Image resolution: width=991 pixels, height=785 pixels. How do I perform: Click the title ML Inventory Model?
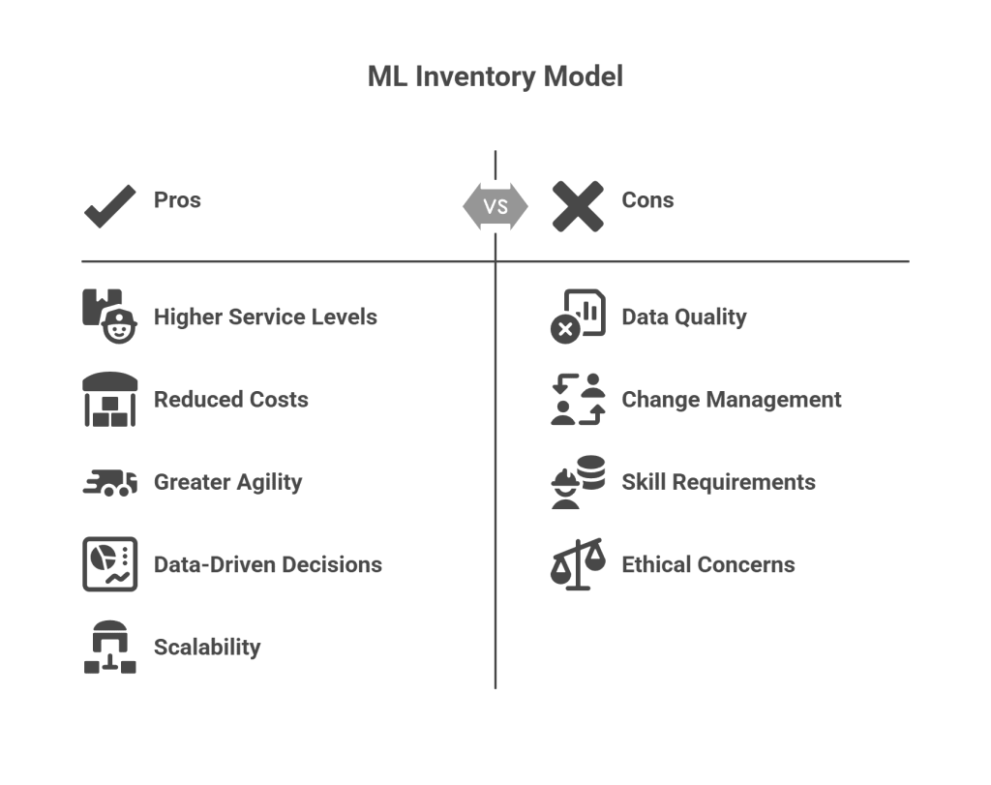pyautogui.click(x=495, y=76)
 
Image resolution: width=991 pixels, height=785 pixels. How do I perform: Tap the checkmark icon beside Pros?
pyautogui.click(x=109, y=205)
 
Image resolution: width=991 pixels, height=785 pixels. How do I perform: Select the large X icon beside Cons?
pyautogui.click(x=578, y=206)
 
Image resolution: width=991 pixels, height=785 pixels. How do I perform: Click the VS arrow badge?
pyautogui.click(x=495, y=206)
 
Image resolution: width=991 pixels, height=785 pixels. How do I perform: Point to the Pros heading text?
pyautogui.click(x=177, y=200)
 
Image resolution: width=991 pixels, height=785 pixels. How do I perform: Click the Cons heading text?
pyautogui.click(x=647, y=200)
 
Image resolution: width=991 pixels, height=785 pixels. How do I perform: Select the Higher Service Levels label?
pyautogui.click(x=265, y=317)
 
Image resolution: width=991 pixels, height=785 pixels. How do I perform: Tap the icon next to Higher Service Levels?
pyautogui.click(x=108, y=316)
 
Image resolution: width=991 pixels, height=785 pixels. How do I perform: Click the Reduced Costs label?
pyautogui.click(x=231, y=400)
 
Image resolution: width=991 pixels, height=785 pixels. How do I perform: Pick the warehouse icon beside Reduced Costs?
pyautogui.click(x=109, y=399)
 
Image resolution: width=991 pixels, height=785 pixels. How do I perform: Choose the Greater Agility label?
pyautogui.click(x=228, y=482)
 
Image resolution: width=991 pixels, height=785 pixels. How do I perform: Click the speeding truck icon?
pyautogui.click(x=109, y=482)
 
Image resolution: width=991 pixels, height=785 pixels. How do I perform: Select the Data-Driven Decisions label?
pyautogui.click(x=268, y=564)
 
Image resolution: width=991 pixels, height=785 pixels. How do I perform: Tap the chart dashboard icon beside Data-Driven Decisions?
pyautogui.click(x=109, y=564)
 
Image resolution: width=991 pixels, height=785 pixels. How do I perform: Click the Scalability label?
pyautogui.click(x=207, y=647)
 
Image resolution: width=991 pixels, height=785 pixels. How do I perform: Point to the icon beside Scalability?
pyautogui.click(x=109, y=647)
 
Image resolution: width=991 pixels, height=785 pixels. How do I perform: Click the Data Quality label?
pyautogui.click(x=684, y=317)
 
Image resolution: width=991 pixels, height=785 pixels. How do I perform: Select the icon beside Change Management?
pyautogui.click(x=578, y=399)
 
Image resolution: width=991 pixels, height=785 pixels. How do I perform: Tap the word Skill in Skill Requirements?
pyautogui.click(x=641, y=482)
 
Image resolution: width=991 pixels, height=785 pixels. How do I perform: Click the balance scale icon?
pyautogui.click(x=578, y=564)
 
